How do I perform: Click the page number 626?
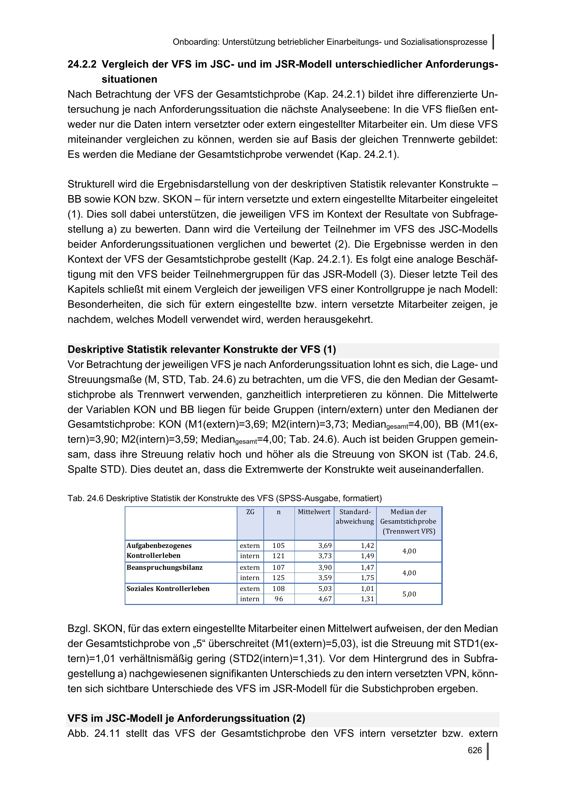[x=474, y=750]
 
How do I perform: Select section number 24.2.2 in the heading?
[x=82, y=64]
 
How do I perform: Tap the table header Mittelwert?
[x=314, y=512]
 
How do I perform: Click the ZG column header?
[x=250, y=512]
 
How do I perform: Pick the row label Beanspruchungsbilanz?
[x=165, y=568]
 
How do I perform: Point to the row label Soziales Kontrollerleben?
[x=168, y=589]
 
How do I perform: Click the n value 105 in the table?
[x=279, y=546]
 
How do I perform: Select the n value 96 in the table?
[x=279, y=599]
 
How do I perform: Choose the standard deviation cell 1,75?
[x=368, y=578]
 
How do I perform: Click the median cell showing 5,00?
[x=409, y=594]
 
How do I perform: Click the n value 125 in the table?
[x=279, y=578]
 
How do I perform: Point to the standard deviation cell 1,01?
[x=368, y=589]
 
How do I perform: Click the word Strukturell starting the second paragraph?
[x=90, y=184]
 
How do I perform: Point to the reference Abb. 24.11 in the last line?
[x=94, y=733]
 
